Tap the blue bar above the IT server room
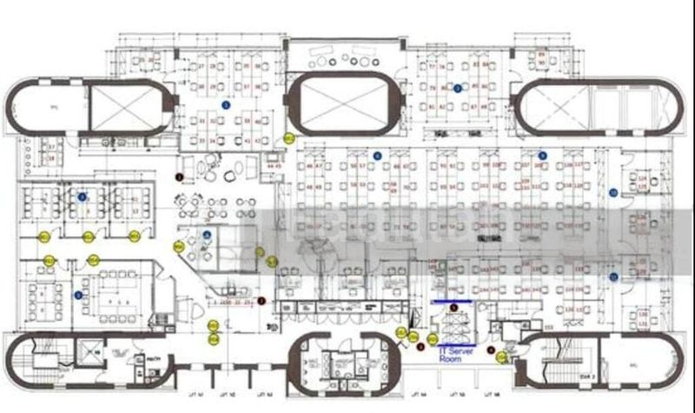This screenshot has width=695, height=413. [x=452, y=303]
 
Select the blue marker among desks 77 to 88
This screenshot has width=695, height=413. [x=457, y=87]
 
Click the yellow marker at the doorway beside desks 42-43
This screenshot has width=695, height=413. [x=289, y=137]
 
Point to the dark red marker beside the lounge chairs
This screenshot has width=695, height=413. [x=180, y=177]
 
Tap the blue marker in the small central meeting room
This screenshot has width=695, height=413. [x=207, y=235]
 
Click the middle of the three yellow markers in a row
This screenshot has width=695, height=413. [x=88, y=236]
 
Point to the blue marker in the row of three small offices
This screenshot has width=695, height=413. [x=83, y=197]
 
